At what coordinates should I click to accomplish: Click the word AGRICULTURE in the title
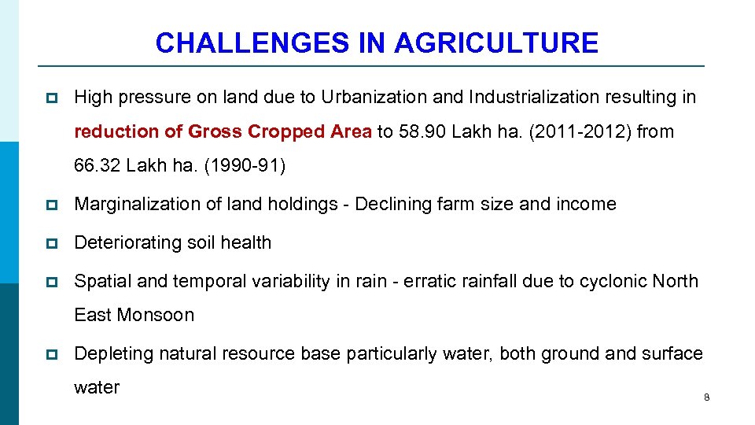point(496,42)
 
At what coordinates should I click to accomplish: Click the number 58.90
point(423,131)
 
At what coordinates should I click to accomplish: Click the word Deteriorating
point(123,243)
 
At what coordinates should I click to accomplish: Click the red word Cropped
point(288,131)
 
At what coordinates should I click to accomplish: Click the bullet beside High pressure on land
point(52,98)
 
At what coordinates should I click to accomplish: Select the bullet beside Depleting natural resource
point(52,355)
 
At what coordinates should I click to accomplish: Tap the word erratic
point(429,281)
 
